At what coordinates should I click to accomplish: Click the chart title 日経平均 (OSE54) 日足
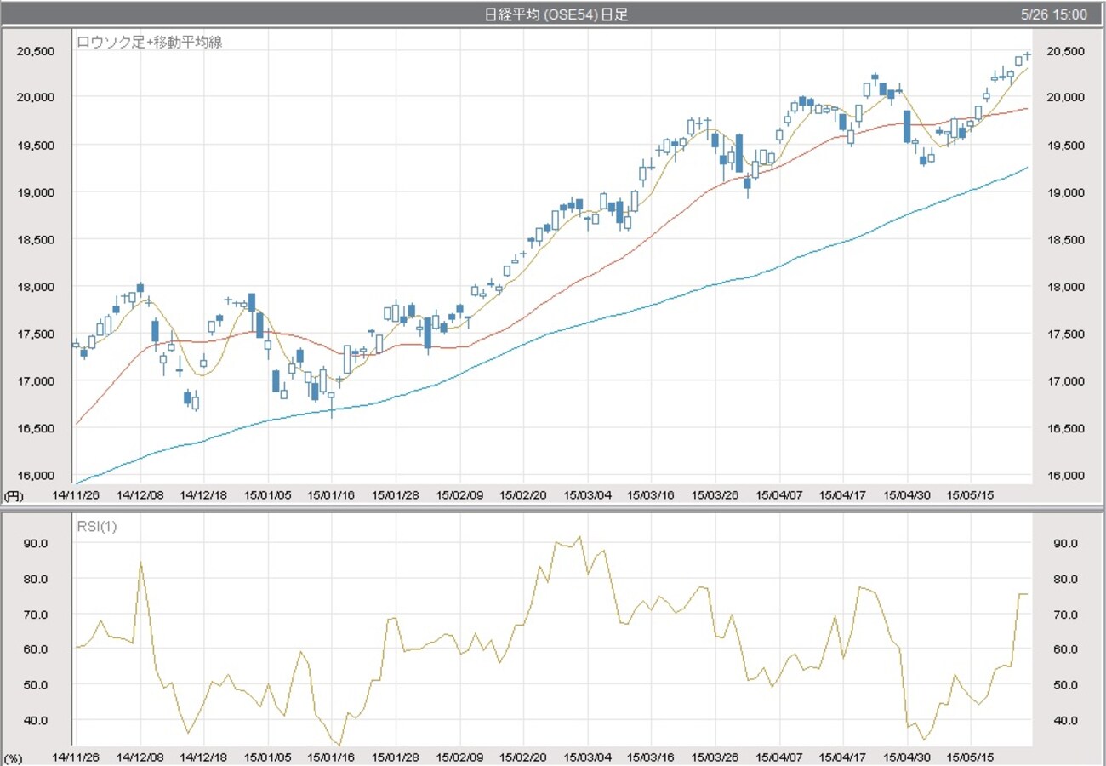click(556, 14)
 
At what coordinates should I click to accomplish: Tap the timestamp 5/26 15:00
click(1054, 14)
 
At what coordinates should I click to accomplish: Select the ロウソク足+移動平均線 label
click(150, 41)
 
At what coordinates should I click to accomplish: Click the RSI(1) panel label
click(97, 526)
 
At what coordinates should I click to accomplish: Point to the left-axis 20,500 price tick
click(36, 51)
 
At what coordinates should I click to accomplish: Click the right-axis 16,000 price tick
click(1064, 476)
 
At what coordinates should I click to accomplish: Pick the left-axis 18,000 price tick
click(36, 287)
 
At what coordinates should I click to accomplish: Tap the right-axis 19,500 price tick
click(1064, 146)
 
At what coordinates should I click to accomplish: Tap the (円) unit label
click(14, 494)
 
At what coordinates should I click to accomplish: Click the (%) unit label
click(14, 757)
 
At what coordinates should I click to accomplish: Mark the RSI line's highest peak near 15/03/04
click(579, 537)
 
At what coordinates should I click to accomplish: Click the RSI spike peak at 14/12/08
click(140, 562)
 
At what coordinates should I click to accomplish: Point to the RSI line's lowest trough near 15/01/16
click(339, 746)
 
